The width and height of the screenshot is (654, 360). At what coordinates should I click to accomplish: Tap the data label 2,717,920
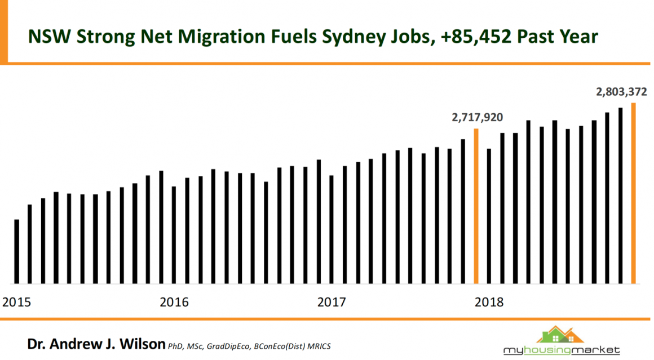[x=477, y=118]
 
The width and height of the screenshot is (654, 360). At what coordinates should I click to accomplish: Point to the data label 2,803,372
[x=621, y=92]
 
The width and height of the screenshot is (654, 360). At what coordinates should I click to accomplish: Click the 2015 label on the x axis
[x=17, y=302]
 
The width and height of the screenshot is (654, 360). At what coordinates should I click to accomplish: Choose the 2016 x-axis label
[x=174, y=302]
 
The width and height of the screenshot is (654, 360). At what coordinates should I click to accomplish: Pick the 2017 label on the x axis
[x=332, y=302]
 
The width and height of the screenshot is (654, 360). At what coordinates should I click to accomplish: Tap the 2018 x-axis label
[x=489, y=302]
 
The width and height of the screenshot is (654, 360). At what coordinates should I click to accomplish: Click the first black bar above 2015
[x=17, y=251]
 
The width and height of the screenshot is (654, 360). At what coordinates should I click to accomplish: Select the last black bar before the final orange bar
[x=620, y=195]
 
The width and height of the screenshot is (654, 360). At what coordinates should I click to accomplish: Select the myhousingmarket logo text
[x=562, y=350]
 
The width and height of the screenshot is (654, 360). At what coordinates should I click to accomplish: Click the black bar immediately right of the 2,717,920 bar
[x=489, y=216]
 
